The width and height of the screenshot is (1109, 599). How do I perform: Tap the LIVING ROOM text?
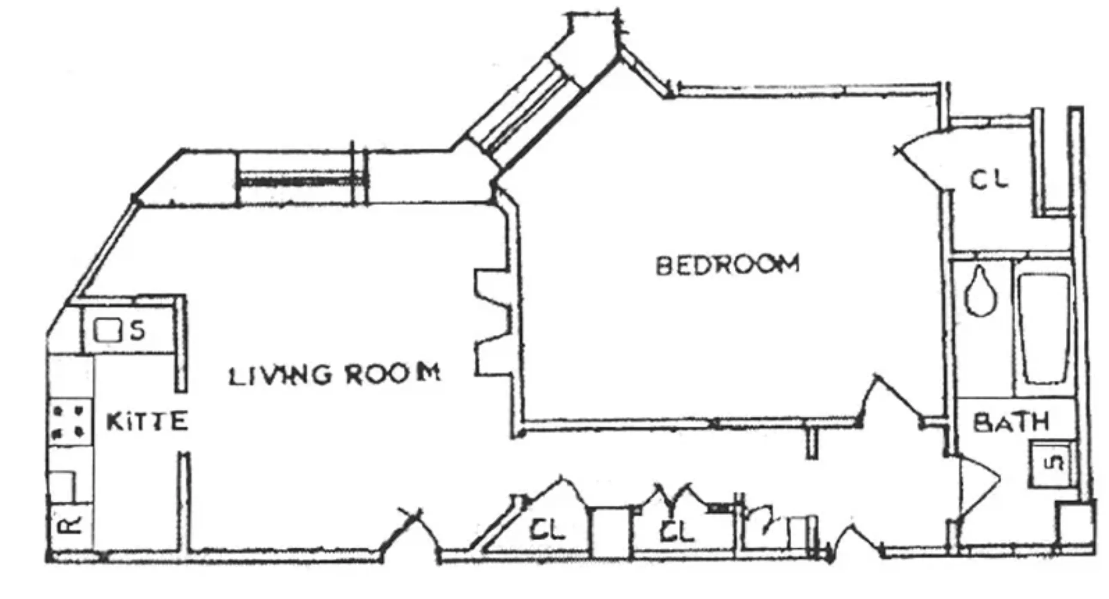pyautogui.click(x=334, y=374)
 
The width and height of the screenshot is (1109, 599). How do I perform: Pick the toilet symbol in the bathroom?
pyautogui.click(x=981, y=293)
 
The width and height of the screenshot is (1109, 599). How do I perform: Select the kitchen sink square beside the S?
pyautogui.click(x=107, y=330)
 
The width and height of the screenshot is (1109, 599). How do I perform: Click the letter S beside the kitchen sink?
pyautogui.click(x=138, y=330)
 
